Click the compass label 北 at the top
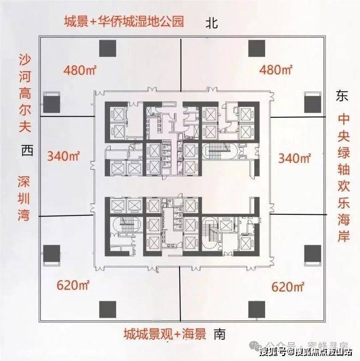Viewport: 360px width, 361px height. [212, 23]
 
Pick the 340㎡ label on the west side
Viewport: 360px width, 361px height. [64, 158]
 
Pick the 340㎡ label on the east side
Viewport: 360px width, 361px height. [295, 159]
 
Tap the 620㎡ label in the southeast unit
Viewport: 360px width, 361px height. [287, 285]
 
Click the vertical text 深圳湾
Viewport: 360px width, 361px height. [25, 199]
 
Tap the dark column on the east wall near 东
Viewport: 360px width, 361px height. [313, 102]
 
